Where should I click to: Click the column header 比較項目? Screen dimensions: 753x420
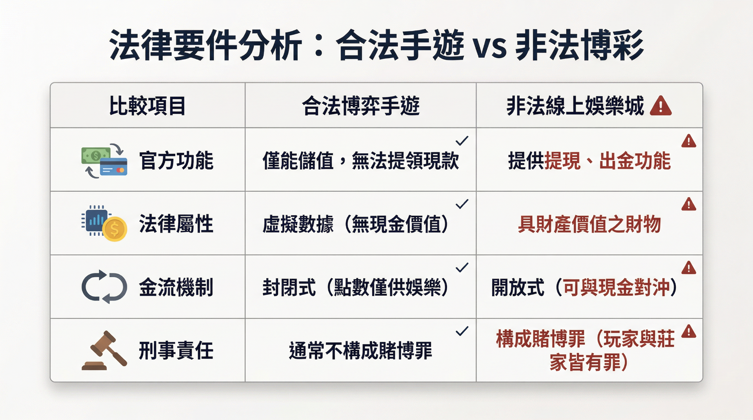click(x=147, y=106)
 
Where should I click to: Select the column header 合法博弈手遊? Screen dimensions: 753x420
click(x=361, y=106)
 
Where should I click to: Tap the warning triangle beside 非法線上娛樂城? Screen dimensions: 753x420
click(x=661, y=106)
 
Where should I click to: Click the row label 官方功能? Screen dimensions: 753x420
click(x=176, y=160)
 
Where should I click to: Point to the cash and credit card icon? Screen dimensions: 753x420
click(x=104, y=161)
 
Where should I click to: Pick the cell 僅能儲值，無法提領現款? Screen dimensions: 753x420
click(x=361, y=161)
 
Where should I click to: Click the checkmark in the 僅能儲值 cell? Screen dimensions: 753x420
click(x=462, y=140)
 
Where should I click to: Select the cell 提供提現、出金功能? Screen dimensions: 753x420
click(x=589, y=161)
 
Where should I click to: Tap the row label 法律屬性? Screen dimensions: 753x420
click(x=176, y=224)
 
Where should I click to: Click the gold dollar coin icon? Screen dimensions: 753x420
click(x=115, y=229)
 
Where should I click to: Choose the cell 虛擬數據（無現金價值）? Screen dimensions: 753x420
click(x=355, y=224)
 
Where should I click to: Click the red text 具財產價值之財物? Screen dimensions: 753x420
click(x=589, y=224)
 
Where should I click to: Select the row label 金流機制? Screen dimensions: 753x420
click(x=176, y=287)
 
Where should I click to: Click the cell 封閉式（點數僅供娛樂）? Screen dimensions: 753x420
click(x=355, y=287)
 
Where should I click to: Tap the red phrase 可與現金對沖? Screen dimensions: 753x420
click(x=616, y=287)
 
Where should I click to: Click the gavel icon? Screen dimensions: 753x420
click(x=104, y=350)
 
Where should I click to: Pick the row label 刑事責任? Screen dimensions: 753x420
click(x=176, y=351)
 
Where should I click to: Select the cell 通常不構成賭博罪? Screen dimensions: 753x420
click(x=361, y=351)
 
